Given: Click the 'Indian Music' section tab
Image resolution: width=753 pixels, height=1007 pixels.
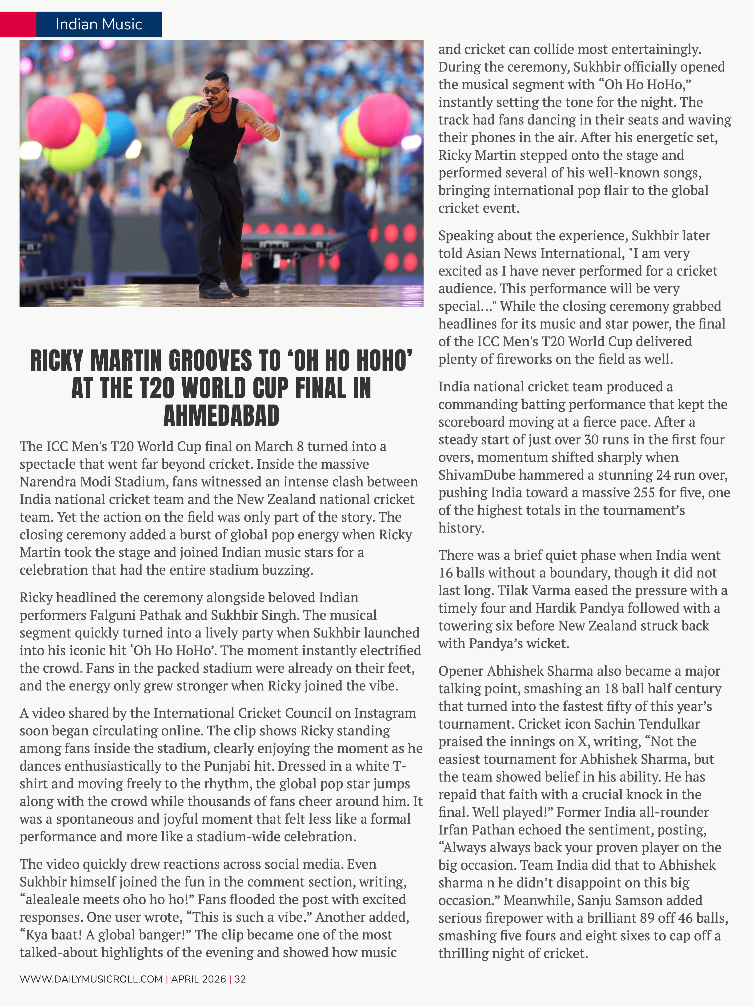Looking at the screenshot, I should [x=99, y=24].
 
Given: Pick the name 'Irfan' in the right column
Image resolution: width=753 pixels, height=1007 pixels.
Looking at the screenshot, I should [x=453, y=830].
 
